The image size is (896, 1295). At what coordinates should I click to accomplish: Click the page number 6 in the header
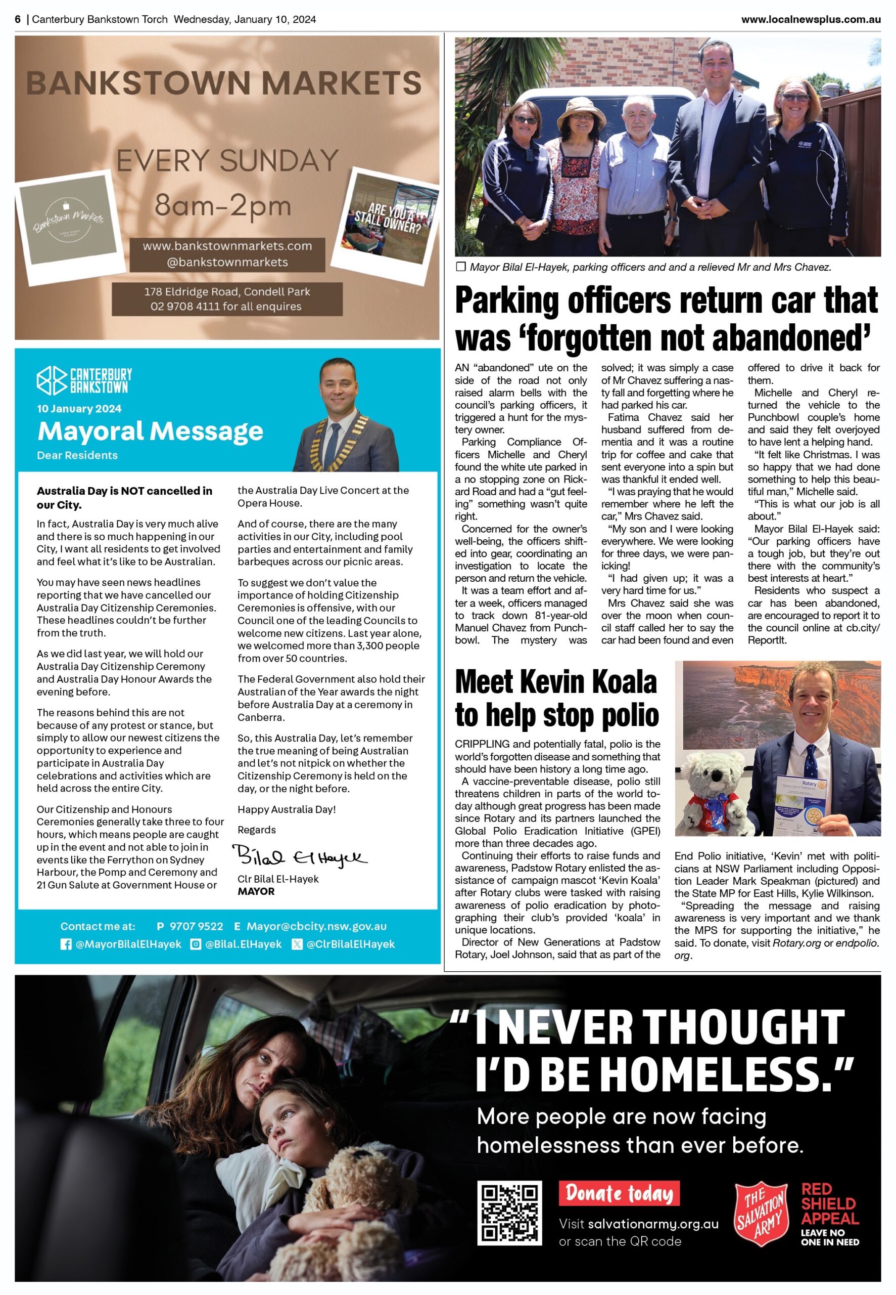click(18, 20)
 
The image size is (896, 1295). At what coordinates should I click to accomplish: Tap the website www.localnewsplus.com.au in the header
click(810, 20)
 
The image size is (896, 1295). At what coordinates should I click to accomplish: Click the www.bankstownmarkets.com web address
click(227, 246)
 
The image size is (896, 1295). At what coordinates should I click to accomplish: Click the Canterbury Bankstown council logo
click(84, 381)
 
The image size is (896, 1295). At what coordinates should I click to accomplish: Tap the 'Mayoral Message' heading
click(150, 431)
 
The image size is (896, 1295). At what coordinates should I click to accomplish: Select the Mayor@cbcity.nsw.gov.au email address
click(317, 926)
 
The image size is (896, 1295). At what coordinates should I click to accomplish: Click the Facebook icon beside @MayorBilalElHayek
click(66, 944)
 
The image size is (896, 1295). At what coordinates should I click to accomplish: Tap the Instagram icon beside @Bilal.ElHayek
click(196, 944)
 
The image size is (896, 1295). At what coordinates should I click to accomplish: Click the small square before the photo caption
click(461, 267)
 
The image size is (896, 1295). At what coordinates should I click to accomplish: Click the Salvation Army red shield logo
click(761, 1214)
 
